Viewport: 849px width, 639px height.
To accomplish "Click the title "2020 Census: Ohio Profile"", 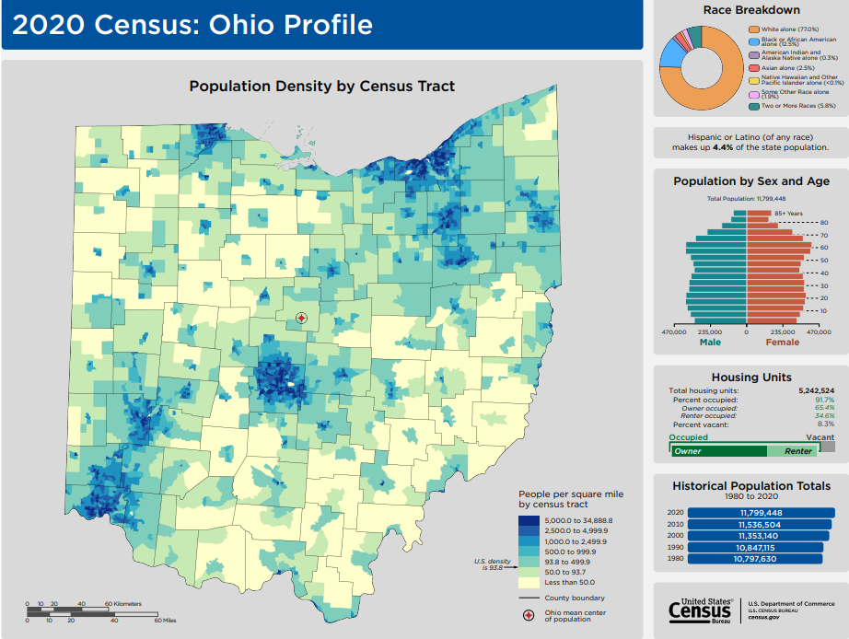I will pyautogui.click(x=192, y=25).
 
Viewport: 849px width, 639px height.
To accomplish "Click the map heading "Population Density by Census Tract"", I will pyautogui.click(x=321, y=86).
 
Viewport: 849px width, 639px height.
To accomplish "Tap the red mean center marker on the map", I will pyautogui.click(x=301, y=318).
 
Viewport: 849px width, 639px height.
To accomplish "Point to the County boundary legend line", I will pyautogui.click(x=529, y=598).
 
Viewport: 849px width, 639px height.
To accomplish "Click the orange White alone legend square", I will pyautogui.click(x=753, y=29).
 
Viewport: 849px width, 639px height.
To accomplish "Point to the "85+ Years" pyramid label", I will pyautogui.click(x=787, y=213).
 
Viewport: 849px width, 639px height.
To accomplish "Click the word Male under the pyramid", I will pyautogui.click(x=710, y=343).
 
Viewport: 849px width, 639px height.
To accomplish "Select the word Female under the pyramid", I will pyautogui.click(x=783, y=343).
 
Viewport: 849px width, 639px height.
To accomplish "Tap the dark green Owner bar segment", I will pyautogui.click(x=718, y=451).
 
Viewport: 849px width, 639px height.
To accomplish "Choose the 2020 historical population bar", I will pyautogui.click(x=761, y=513).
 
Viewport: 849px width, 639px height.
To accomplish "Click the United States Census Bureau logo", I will pyautogui.click(x=702, y=610).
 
